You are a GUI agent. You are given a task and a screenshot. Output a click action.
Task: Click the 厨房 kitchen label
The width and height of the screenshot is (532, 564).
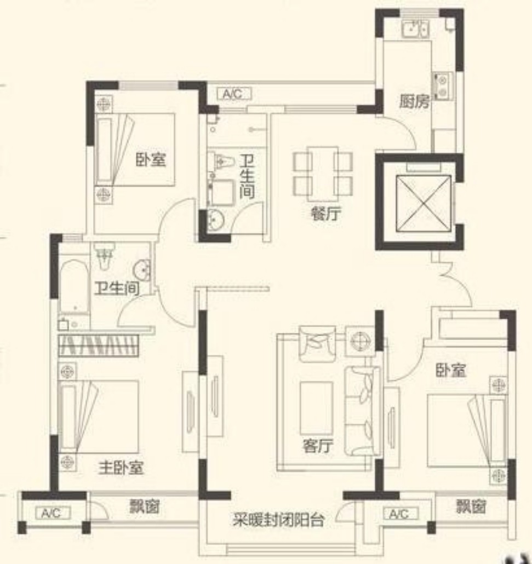[414, 101]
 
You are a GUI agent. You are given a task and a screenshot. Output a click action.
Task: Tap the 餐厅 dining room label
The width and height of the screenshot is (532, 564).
[326, 214]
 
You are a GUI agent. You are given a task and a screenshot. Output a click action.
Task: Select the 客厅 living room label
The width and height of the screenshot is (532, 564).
[317, 446]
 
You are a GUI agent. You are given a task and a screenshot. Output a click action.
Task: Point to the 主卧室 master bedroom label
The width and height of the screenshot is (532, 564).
[121, 468]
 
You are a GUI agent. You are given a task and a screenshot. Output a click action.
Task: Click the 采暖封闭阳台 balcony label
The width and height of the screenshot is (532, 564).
[278, 520]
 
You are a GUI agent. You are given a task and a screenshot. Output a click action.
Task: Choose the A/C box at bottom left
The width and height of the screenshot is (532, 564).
[53, 513]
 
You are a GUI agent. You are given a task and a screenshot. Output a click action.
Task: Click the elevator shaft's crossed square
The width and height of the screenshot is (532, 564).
[424, 204]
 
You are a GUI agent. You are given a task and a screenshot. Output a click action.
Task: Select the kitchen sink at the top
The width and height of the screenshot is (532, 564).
[415, 28]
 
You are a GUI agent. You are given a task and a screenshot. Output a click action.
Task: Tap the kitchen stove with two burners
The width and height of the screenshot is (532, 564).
[443, 85]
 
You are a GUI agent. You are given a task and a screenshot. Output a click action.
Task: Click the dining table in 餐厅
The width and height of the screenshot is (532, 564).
[323, 174]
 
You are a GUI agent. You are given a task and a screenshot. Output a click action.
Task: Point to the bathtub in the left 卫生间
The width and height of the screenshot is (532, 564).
[74, 287]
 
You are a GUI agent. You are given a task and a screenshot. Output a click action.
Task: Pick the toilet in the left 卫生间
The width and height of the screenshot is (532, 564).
[105, 256]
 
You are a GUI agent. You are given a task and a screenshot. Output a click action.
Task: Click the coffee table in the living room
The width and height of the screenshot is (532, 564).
[316, 407]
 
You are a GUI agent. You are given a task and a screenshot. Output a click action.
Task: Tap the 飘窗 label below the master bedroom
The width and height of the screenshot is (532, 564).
[144, 507]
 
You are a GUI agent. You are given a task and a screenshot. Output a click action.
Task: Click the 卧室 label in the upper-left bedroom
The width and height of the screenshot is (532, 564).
[151, 159]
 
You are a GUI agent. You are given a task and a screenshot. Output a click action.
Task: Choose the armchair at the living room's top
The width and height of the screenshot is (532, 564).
[317, 343]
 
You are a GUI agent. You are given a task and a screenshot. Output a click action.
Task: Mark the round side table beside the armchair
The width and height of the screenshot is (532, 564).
[360, 341]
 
